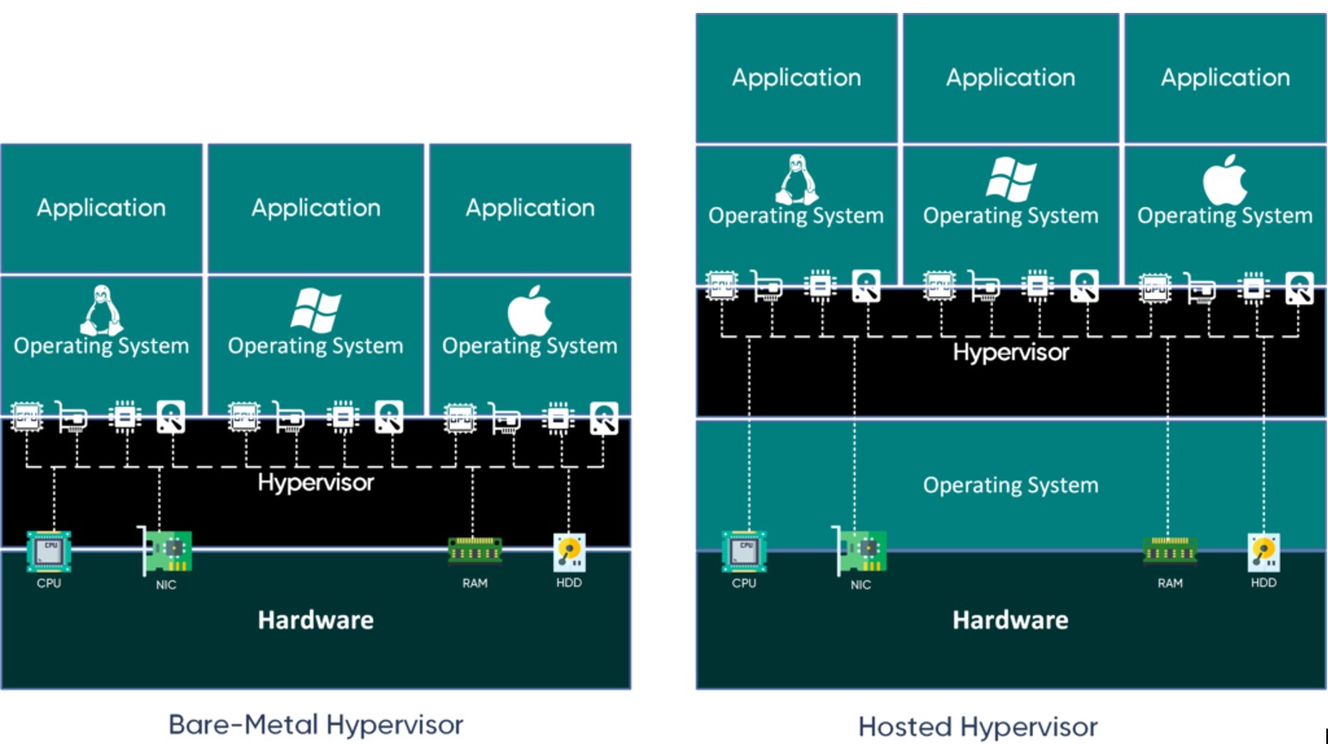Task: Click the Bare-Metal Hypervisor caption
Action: [x=315, y=724]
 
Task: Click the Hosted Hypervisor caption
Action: [x=977, y=727]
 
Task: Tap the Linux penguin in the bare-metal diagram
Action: [x=101, y=309]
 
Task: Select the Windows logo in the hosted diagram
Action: [x=1011, y=179]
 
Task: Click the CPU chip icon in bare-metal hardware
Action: [x=49, y=551]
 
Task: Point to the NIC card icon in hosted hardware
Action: [x=861, y=552]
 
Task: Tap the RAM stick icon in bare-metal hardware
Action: [x=475, y=551]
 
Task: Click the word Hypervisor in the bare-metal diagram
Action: [x=315, y=483]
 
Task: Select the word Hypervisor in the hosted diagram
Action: [x=1011, y=352]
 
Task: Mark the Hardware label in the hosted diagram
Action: [x=1011, y=620]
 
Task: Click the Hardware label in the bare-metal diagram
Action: [x=315, y=620]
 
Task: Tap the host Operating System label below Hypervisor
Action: [x=1011, y=485]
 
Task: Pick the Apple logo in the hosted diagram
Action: [x=1225, y=180]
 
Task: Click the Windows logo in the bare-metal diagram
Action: [x=315, y=310]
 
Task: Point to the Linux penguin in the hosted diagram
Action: [x=796, y=179]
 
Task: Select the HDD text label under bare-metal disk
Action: [x=569, y=583]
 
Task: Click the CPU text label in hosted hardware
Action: [x=744, y=583]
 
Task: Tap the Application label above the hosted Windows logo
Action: [x=1011, y=78]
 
